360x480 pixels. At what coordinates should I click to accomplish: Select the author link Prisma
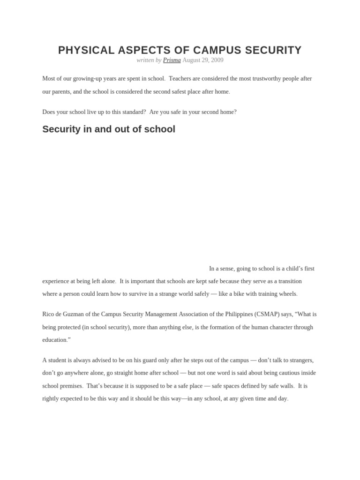(172, 60)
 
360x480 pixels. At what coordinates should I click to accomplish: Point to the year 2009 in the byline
(217, 60)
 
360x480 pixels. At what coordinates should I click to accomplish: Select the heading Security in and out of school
(109, 129)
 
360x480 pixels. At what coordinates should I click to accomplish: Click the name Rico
(49, 315)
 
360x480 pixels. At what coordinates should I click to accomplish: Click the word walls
(285, 386)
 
